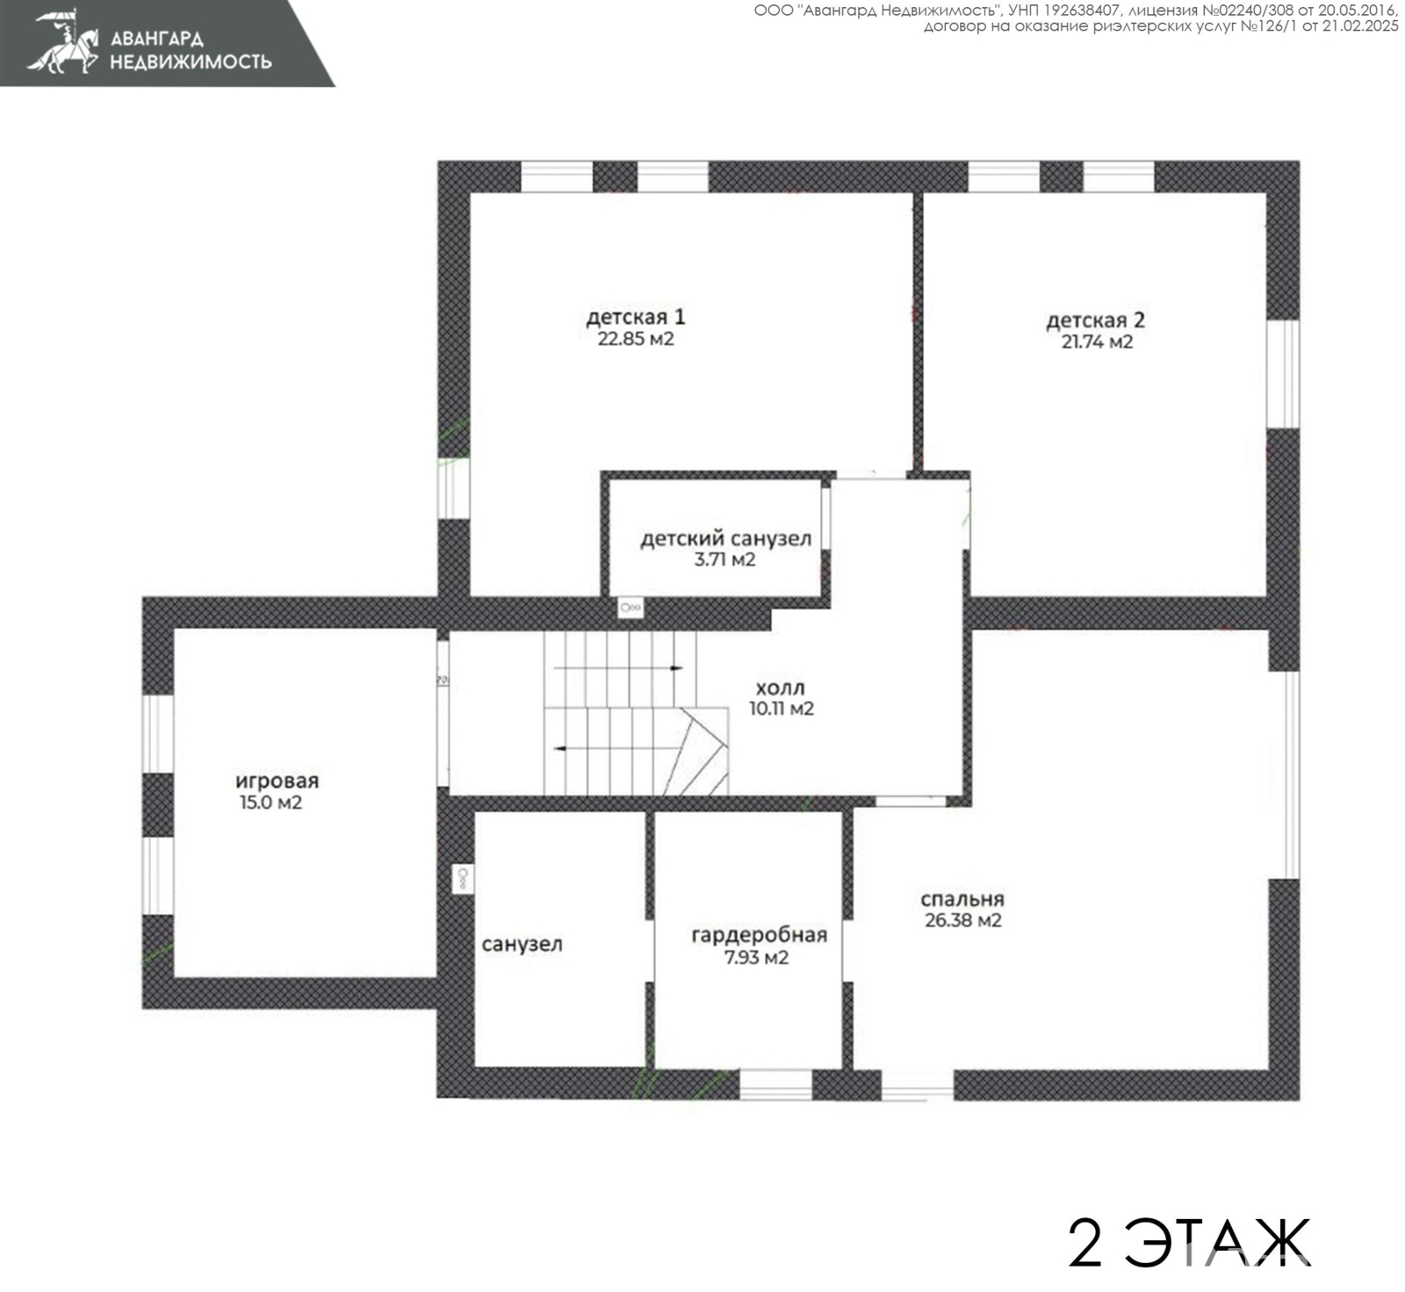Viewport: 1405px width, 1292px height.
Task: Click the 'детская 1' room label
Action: pyautogui.click(x=636, y=317)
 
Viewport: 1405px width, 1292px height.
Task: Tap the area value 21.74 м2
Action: pyautogui.click(x=1097, y=343)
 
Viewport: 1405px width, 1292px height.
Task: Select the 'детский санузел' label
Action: pyautogui.click(x=725, y=538)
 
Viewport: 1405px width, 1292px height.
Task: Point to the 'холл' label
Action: pyautogui.click(x=781, y=688)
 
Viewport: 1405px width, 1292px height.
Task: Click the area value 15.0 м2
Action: pyautogui.click(x=270, y=803)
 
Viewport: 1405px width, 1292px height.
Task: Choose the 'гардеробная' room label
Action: pyautogui.click(x=760, y=935)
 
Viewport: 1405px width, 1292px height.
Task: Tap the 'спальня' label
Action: pyautogui.click(x=962, y=899)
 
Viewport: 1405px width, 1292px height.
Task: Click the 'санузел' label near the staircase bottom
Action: pyautogui.click(x=522, y=945)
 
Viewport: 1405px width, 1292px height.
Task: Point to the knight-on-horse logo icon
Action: pyautogui.click(x=64, y=41)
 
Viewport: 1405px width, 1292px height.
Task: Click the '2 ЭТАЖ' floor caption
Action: pyautogui.click(x=1189, y=1242)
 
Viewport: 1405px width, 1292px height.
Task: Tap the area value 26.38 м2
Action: pyautogui.click(x=963, y=921)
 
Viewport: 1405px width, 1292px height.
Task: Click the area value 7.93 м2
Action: pyautogui.click(x=756, y=958)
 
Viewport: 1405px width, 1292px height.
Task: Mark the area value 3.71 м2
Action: pyautogui.click(x=725, y=560)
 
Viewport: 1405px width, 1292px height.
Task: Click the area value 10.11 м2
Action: pyautogui.click(x=782, y=709)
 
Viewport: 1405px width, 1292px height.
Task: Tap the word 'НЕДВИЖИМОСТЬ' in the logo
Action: pyautogui.click(x=191, y=61)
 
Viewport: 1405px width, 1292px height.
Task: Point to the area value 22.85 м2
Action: pyautogui.click(x=636, y=339)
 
